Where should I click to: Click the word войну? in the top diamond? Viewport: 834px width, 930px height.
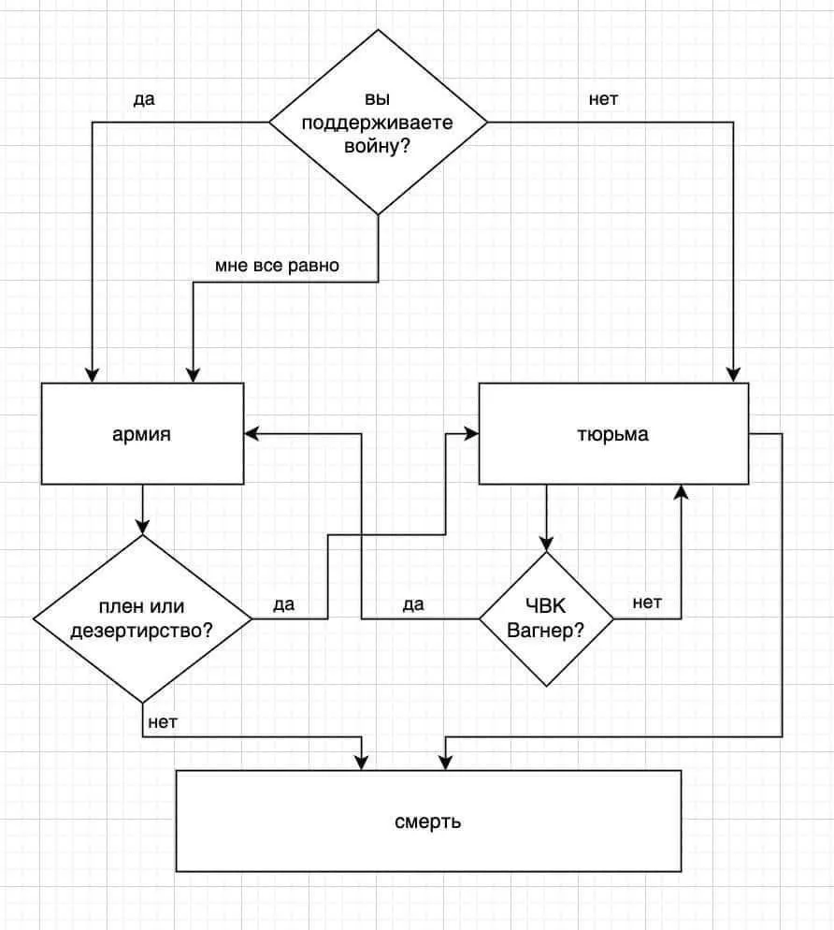click(x=378, y=147)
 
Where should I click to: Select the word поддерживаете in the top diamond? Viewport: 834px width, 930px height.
click(x=378, y=124)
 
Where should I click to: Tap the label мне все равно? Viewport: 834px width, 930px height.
click(x=278, y=266)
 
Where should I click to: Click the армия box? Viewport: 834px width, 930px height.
click(x=142, y=434)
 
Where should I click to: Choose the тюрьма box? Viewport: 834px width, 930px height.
click(x=613, y=434)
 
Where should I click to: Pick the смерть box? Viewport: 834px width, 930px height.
click(x=428, y=821)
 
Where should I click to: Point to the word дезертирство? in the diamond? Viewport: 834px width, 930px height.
click(x=142, y=631)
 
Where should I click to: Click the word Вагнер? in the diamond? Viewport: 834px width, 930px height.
click(x=546, y=631)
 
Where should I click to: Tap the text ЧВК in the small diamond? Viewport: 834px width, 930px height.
click(x=546, y=607)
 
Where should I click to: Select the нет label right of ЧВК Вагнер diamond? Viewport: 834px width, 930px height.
click(x=647, y=603)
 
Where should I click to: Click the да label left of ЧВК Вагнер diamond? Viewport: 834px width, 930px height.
click(x=413, y=604)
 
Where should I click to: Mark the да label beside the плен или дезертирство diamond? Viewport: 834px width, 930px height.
click(x=284, y=604)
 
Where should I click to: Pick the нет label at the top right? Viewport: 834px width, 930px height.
click(x=603, y=99)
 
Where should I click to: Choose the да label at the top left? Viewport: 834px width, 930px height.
click(x=144, y=99)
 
